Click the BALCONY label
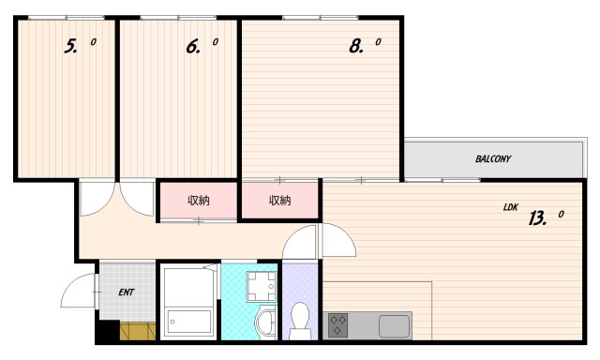tap(493, 158)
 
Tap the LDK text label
tap(510, 207)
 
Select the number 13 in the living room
tap(537, 218)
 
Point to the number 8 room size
tap(356, 47)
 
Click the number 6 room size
tap(193, 47)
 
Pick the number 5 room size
tap(71, 47)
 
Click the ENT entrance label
tap(127, 292)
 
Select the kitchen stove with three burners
tap(337, 325)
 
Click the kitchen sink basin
tap(394, 326)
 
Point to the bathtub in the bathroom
tap(189, 322)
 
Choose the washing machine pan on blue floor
tap(262, 287)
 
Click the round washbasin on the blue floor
tap(265, 322)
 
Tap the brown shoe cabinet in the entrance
tap(138, 331)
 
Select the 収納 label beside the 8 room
tap(280, 201)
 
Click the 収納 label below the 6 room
tap(199, 201)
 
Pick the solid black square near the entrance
tap(108, 330)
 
